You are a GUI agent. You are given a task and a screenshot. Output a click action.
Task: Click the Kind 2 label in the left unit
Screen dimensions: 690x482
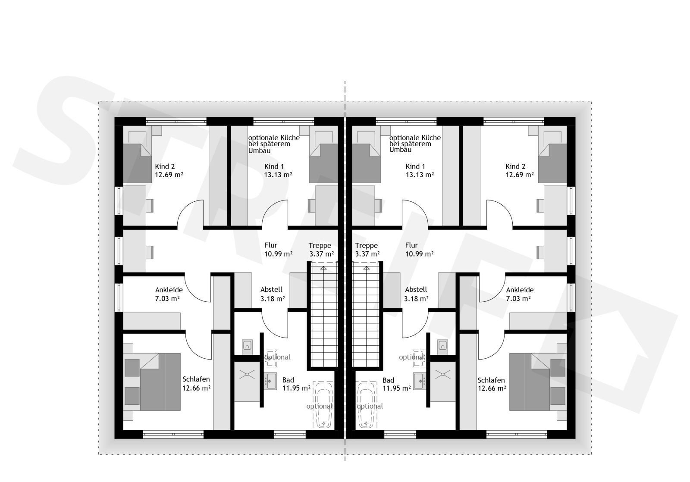pos(165,166)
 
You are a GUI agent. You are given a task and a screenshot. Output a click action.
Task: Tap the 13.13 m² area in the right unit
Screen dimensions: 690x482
pos(420,175)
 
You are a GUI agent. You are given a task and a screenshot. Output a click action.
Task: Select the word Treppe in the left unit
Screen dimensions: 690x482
pos(320,245)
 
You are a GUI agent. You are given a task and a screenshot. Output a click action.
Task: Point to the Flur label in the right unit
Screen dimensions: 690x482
pos(411,245)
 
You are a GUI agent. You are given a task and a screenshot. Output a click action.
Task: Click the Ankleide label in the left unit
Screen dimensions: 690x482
pos(169,290)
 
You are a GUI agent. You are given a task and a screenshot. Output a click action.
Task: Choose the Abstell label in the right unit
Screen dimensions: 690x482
pos(416,290)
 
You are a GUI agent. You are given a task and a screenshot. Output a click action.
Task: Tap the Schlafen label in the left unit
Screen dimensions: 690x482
pos(196,379)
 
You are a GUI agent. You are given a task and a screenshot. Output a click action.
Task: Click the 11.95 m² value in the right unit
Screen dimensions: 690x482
pos(397,388)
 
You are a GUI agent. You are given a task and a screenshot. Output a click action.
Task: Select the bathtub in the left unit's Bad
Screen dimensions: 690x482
pos(323,405)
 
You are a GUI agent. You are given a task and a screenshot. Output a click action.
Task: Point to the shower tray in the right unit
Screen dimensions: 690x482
pos(442,382)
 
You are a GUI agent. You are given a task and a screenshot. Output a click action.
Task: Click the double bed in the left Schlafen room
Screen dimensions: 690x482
pos(160,382)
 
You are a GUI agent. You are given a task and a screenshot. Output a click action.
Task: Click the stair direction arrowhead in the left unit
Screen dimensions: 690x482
pos(323,268)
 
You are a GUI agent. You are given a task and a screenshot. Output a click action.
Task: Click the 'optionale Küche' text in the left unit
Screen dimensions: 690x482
pos(274,138)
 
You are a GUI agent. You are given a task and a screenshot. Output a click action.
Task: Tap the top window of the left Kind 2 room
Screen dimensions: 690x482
pos(176,121)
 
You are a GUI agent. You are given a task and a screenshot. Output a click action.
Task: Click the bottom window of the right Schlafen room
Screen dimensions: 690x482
pos(517,434)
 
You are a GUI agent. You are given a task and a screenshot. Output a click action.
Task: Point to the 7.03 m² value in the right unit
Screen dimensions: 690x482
pos(518,298)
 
